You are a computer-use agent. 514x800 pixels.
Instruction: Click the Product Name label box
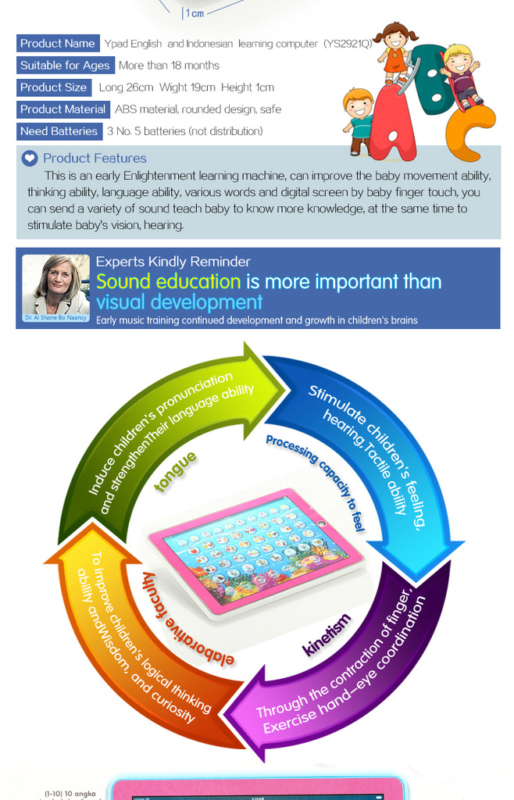58,44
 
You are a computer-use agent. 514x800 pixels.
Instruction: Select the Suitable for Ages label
65,66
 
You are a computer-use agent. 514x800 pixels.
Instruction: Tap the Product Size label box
54,87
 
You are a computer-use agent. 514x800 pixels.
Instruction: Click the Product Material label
63,109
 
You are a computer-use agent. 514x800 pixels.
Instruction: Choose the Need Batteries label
59,131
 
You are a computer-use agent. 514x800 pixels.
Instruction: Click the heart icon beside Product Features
30,159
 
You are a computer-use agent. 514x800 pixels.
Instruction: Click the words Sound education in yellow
168,282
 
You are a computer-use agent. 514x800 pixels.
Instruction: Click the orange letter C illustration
469,133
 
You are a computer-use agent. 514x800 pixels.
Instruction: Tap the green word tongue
176,472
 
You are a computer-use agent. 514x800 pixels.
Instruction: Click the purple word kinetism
327,635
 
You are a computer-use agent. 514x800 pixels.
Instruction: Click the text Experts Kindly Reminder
173,262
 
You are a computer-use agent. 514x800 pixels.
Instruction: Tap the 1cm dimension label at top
194,13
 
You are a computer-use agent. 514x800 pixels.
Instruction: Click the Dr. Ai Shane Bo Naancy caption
55,319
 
